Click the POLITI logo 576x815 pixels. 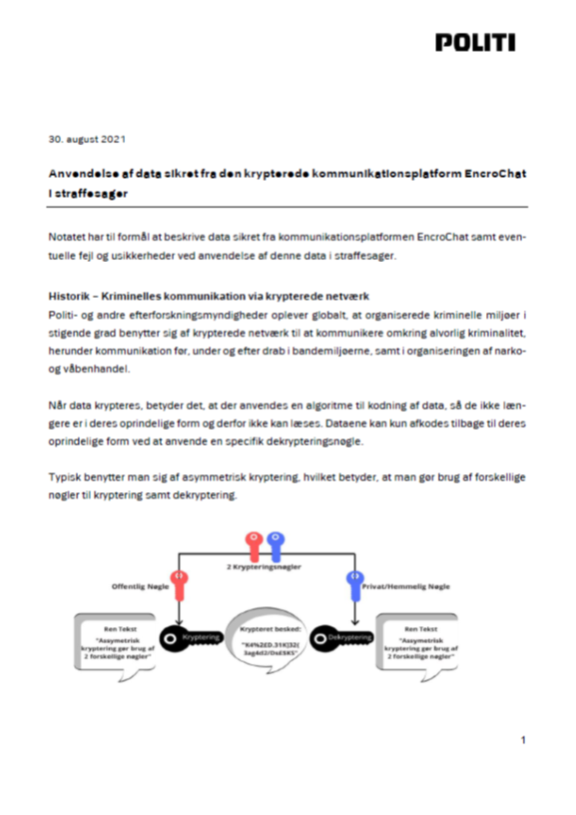coord(475,43)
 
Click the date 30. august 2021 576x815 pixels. coord(87,139)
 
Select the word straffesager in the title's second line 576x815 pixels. coord(91,194)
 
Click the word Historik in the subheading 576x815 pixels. coord(69,296)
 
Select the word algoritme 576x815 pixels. coord(329,405)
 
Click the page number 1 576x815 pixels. coord(523,740)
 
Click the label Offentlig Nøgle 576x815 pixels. coord(140,586)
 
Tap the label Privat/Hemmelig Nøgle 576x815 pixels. coord(406,586)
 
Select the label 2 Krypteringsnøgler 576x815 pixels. coord(264,567)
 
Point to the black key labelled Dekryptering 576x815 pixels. coord(341,638)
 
